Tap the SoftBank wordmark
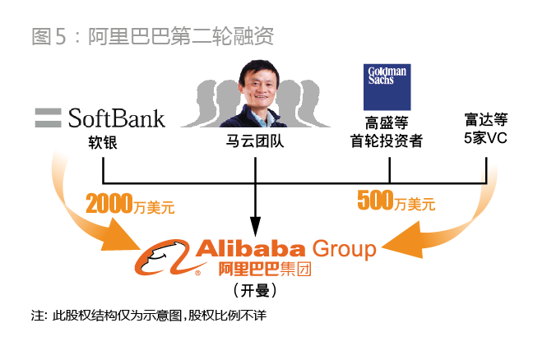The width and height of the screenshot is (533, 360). coord(116,118)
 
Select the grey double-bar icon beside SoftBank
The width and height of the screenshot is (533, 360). coord(49,118)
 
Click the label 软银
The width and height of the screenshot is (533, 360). coord(104,141)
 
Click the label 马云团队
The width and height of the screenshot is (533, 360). coord(255,141)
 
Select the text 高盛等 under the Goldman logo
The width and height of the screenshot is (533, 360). coord(387,122)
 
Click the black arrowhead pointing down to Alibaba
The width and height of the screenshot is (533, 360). coord(255,225)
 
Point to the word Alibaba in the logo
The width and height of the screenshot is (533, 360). coord(248,249)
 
